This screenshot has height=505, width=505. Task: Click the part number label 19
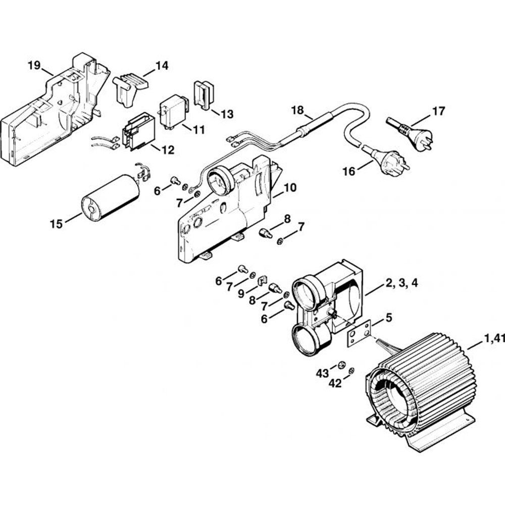(34, 65)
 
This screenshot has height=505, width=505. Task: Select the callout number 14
(162, 66)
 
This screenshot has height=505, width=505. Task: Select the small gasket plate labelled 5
(359, 333)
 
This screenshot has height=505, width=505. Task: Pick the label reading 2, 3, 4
(401, 283)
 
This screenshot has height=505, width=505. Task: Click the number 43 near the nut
(322, 373)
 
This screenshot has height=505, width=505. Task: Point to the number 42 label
(335, 383)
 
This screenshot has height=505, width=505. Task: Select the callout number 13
(227, 114)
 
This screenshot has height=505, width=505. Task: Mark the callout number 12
(168, 149)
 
